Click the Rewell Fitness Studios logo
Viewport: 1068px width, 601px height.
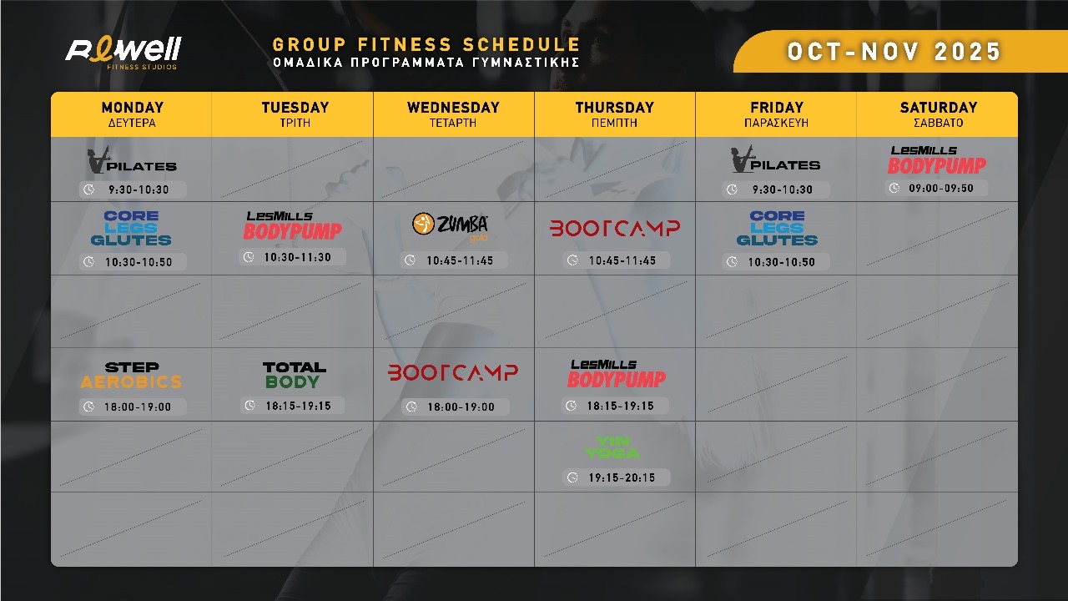123,53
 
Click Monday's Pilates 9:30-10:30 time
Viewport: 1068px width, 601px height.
139,189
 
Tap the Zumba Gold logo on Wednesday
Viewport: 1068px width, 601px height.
450,226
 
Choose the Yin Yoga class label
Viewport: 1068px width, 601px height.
612,447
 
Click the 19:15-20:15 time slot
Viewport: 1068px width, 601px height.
622,477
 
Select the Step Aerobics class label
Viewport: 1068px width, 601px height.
131,375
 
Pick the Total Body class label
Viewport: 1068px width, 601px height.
295,375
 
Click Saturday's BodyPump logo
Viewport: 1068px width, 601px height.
936,160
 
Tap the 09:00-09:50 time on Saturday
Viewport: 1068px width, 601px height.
940,189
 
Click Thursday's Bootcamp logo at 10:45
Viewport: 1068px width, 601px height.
615,228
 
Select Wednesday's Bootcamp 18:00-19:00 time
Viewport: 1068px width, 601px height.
461,407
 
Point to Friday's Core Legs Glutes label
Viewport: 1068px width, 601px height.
777,228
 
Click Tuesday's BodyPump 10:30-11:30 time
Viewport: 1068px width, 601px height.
298,258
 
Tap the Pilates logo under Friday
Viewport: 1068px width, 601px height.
775,159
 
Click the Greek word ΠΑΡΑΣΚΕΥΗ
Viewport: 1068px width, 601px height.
776,123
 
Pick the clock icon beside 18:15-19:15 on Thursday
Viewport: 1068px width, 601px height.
572,406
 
